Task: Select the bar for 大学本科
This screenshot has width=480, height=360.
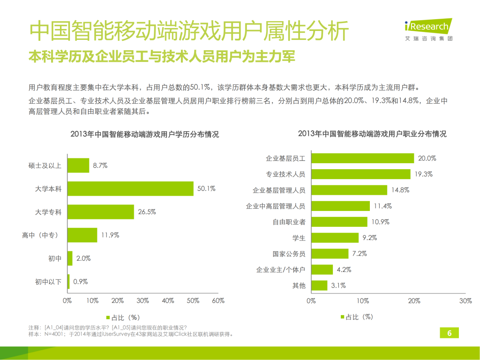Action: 130,189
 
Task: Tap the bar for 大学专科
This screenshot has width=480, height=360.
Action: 101,212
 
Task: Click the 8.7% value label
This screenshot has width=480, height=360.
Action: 100,165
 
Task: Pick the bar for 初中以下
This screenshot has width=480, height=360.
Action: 68,282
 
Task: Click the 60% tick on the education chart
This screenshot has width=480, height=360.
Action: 218,301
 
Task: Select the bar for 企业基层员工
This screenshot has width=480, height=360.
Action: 362,158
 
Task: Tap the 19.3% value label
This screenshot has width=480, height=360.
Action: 423,174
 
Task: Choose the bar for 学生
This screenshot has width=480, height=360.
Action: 335,238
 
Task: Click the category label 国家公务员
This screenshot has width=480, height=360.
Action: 289,254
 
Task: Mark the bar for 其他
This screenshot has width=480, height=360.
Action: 319,285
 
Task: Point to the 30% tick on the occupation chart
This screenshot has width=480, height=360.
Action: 465,301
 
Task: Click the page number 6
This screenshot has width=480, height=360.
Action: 449,333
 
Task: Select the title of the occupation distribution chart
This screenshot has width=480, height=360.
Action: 372,134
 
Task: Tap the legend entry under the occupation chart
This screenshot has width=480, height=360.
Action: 356,317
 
